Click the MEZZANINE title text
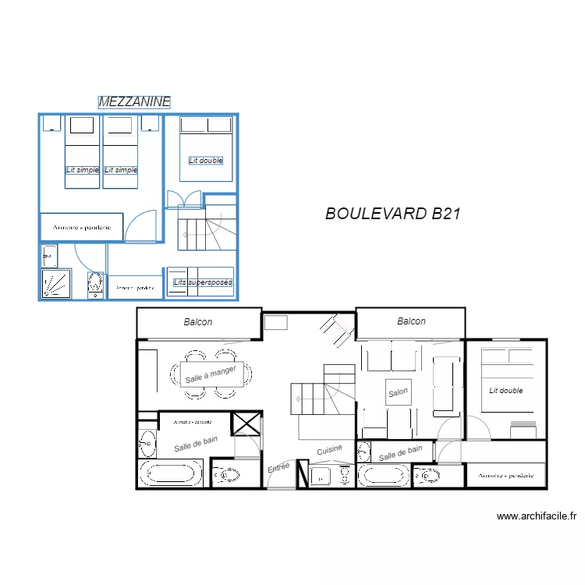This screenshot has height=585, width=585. [x=134, y=101]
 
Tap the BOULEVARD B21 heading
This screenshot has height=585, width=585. [x=388, y=214]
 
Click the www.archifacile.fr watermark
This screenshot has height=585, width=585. [x=536, y=516]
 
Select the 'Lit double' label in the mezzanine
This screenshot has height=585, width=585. [x=206, y=161]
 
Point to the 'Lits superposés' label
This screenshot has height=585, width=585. [x=202, y=282]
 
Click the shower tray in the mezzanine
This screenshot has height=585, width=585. [x=57, y=284]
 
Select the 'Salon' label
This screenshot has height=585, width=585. [x=398, y=393]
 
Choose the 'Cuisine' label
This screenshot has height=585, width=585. [x=329, y=450]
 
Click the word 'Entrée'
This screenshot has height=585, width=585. [x=278, y=467]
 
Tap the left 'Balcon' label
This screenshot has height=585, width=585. [x=198, y=321]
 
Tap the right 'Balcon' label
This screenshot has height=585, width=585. [x=411, y=321]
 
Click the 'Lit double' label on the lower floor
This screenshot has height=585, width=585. [x=506, y=390]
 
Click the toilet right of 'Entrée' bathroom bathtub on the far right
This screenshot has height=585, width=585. [x=426, y=475]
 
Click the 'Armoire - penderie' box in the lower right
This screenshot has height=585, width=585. [x=505, y=475]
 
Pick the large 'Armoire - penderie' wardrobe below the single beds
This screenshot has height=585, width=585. [x=82, y=227]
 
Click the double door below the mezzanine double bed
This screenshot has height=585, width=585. [x=183, y=200]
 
